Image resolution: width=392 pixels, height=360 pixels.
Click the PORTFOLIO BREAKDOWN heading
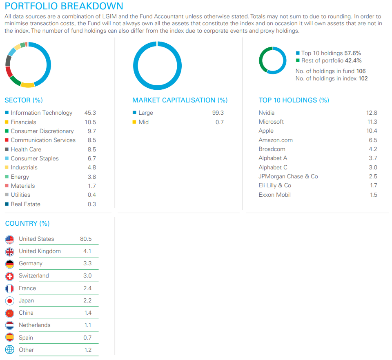[x=64, y=6]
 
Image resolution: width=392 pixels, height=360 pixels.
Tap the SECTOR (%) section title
[x=24, y=100]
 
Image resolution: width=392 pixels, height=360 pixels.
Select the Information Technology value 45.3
[x=90, y=113]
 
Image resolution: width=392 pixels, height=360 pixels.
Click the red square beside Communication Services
[x=7, y=140]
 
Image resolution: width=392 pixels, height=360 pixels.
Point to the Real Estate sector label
[x=25, y=204]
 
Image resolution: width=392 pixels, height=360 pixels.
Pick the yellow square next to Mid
[x=134, y=122]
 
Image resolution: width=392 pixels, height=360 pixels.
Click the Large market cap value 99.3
[x=218, y=113]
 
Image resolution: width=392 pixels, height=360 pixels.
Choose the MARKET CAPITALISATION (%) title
[x=180, y=100]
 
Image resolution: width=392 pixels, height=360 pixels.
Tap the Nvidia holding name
[x=266, y=113]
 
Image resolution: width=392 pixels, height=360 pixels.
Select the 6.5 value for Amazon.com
[x=372, y=140]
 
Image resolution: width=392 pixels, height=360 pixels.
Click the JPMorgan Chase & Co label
[x=288, y=176]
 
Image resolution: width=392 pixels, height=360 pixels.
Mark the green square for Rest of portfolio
[x=298, y=60]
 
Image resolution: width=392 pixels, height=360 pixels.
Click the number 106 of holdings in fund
[x=361, y=71]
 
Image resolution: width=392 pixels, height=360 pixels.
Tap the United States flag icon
[x=10, y=239]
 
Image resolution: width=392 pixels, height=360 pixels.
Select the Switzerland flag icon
[x=10, y=276]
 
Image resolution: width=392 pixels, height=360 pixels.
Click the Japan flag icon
[x=10, y=301]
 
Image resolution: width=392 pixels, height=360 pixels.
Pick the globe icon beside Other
[x=10, y=350]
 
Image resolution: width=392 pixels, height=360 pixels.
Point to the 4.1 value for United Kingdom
[x=87, y=251]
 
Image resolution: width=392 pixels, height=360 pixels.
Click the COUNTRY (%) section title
[x=27, y=223]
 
